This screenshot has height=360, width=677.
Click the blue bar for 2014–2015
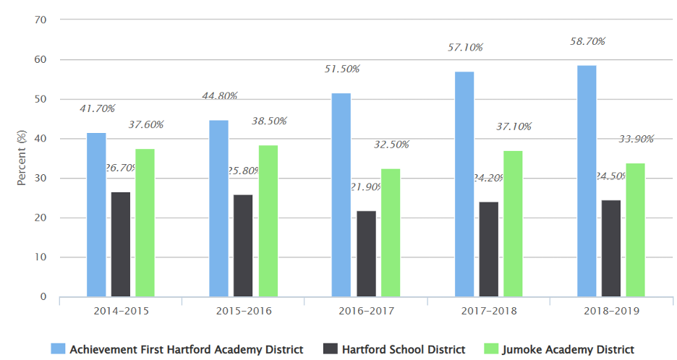pyautogui.click(x=96, y=215)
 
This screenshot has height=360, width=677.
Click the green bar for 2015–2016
pyautogui.click(x=268, y=220)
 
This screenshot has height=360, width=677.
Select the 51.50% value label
pyautogui.click(x=342, y=69)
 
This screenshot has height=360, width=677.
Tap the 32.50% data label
pyautogui.click(x=391, y=145)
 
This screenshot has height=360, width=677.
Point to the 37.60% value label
pyautogui.click(x=146, y=124)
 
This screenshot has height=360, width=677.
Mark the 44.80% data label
pyautogui.click(x=220, y=96)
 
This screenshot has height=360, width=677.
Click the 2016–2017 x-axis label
pyautogui.click(x=366, y=311)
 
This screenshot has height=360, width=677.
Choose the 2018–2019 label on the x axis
pyautogui.click(x=610, y=311)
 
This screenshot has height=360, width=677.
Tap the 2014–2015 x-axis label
pyautogui.click(x=121, y=311)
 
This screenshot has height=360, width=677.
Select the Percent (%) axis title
pyautogui.click(x=22, y=158)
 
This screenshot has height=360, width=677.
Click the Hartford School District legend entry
pyautogui.click(x=404, y=350)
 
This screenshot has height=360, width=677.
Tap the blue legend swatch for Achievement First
pyautogui.click(x=57, y=350)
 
